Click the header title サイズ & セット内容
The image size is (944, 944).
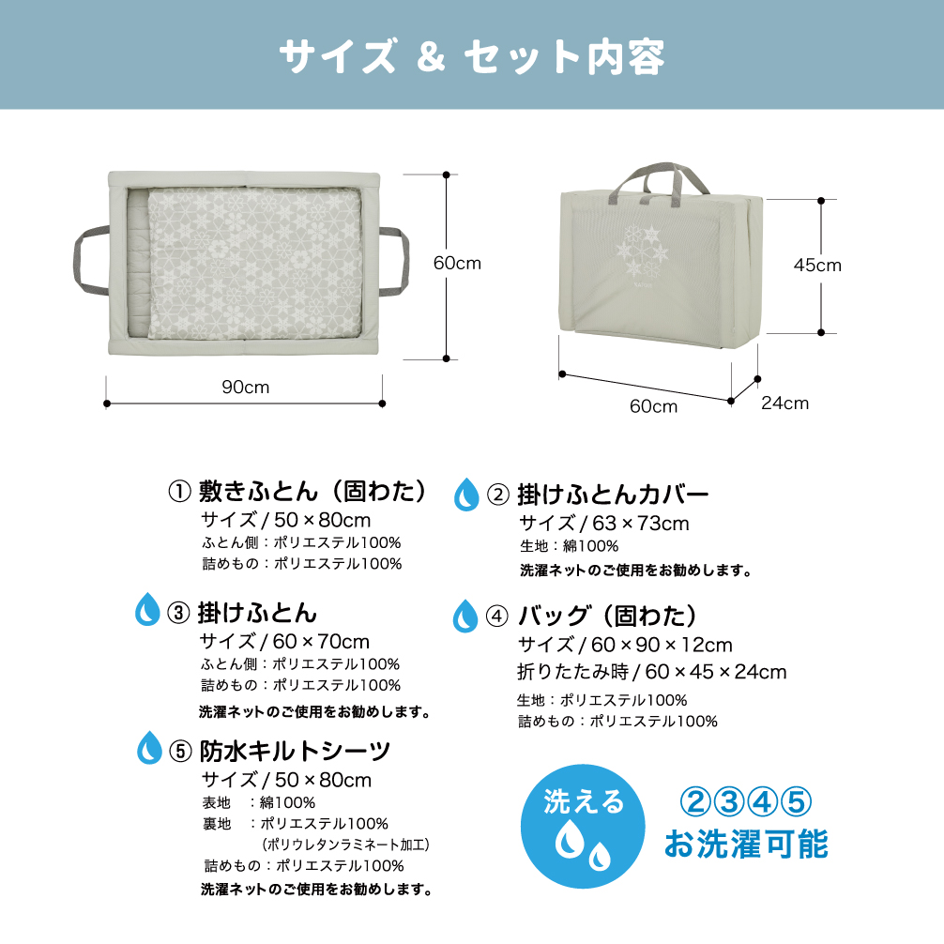[x=472, y=56]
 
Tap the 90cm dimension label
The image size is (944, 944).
[x=246, y=387]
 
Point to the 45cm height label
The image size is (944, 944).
[x=817, y=265]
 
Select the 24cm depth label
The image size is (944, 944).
[x=784, y=403]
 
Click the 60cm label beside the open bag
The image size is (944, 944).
[x=457, y=264]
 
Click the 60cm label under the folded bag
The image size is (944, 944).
[x=653, y=406]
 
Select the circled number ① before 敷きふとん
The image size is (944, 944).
[x=179, y=491]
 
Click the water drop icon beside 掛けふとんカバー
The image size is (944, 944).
[x=465, y=494]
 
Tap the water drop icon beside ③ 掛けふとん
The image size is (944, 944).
[x=147, y=611]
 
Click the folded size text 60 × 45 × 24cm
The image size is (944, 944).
[x=716, y=672]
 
